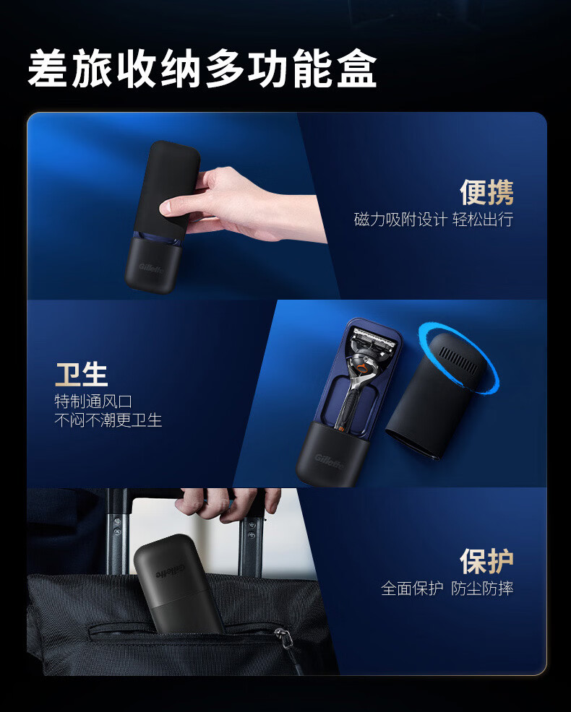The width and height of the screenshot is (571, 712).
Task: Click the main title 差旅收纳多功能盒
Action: pyautogui.click(x=202, y=69)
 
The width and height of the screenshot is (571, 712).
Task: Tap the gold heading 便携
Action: pyautogui.click(x=486, y=193)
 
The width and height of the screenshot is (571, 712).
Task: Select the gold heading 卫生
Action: pyautogui.click(x=82, y=374)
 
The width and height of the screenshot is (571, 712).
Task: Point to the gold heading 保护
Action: pyautogui.click(x=486, y=561)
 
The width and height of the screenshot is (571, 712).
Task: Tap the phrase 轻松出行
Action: pyautogui.click(x=484, y=220)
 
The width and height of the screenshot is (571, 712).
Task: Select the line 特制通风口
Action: pyautogui.click(x=94, y=401)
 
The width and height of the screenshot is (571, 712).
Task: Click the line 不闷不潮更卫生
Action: pyautogui.click(x=108, y=420)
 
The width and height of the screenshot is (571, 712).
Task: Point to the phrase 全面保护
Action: pyautogui.click(x=412, y=589)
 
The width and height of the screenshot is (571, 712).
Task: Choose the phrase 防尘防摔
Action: pyautogui.click(x=483, y=589)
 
